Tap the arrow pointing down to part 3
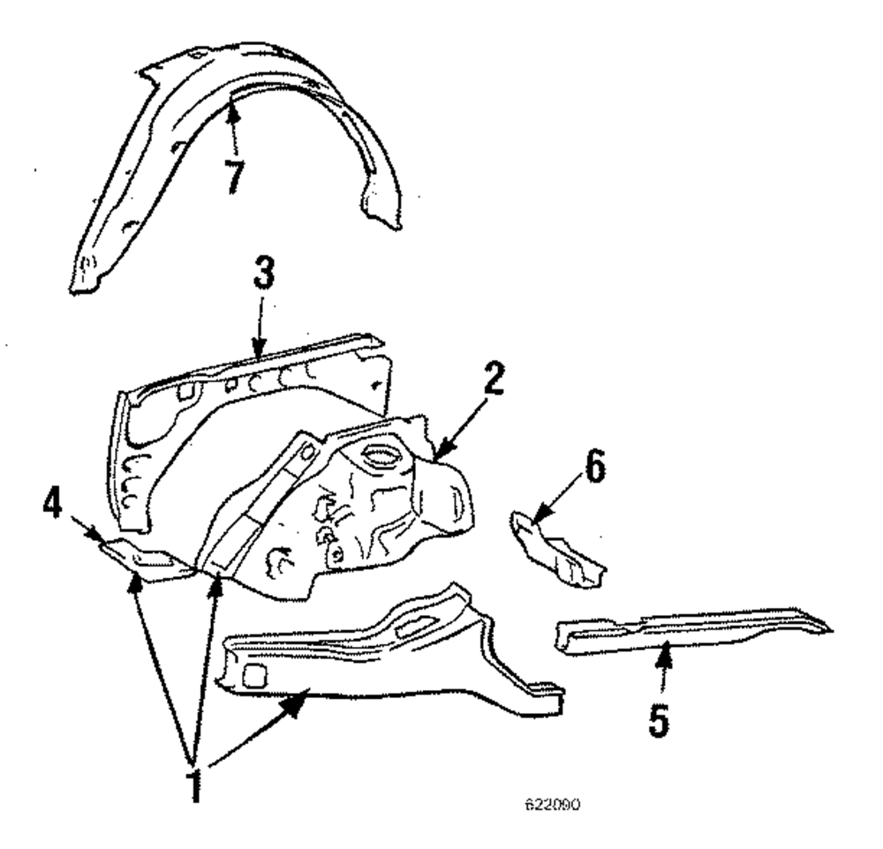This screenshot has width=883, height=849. click(x=260, y=340)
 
